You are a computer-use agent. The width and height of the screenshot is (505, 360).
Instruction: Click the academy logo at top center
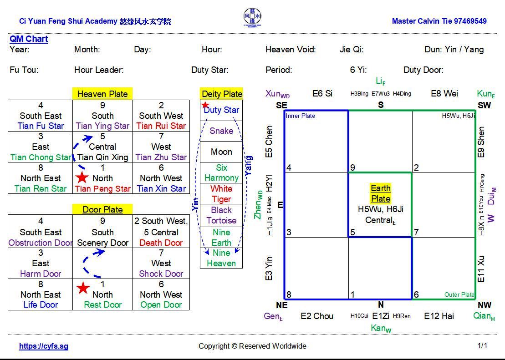252,18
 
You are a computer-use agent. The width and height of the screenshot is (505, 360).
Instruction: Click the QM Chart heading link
29,39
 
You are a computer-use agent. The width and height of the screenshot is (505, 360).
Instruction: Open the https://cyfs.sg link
44,346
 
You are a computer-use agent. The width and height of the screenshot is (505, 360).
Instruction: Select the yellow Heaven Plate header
102,94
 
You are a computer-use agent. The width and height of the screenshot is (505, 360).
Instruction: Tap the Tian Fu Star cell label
41,126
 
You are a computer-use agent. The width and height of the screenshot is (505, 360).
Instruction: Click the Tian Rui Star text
161,126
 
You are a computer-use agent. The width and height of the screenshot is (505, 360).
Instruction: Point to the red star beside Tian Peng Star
82,178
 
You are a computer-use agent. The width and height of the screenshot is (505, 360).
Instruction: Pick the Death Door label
161,243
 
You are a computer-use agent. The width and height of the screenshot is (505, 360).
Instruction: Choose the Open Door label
161,304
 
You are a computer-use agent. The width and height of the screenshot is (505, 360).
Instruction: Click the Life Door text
41,304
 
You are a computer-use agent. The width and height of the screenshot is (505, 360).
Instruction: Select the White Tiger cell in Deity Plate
221,194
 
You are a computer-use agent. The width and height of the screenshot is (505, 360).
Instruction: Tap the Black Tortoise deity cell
221,215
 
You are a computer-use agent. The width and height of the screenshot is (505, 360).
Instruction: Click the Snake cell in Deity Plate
221,131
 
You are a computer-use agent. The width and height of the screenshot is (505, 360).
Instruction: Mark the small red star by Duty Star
205,105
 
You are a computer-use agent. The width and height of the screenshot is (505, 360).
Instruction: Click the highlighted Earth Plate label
380,193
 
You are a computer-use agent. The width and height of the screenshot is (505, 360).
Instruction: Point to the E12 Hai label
439,316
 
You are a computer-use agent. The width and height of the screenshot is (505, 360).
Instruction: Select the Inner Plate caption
301,116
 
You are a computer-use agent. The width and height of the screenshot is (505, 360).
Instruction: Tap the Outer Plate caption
459,294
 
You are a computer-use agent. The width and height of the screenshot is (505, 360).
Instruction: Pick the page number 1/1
482,345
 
